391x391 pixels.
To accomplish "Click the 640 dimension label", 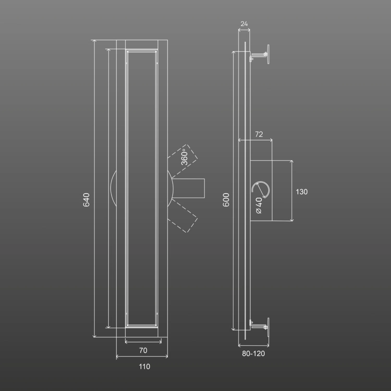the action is [86, 200].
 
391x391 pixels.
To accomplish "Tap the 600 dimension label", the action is [226, 200].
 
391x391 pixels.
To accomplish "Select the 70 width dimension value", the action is [143, 350].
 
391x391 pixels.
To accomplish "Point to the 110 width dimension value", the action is [144, 366].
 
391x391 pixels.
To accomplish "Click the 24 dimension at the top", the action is [244, 24].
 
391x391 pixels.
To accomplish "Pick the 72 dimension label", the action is [259, 134].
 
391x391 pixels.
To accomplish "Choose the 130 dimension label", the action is [302, 192].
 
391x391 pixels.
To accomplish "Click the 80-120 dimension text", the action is [253, 353].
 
